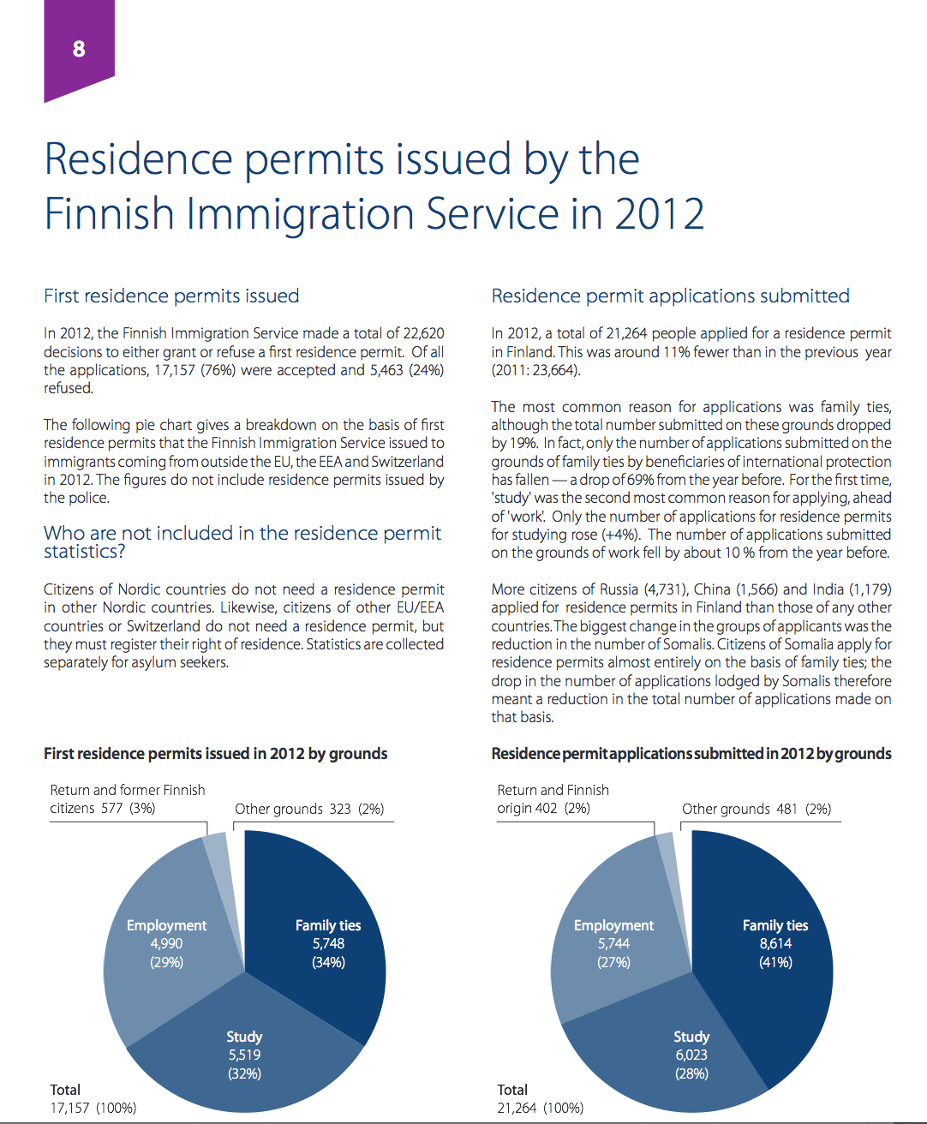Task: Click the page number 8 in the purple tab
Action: coord(79,49)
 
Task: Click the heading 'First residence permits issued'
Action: coord(171,296)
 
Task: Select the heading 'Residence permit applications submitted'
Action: coord(670,296)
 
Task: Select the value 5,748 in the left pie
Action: coord(328,944)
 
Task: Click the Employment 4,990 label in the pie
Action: coord(166,944)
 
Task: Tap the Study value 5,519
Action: coord(244,1055)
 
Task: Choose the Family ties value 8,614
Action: coord(775,944)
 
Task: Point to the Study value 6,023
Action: coord(691,1055)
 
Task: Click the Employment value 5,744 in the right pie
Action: coord(613,944)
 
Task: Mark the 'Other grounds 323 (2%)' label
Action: coord(309,809)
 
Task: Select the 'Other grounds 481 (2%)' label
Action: coord(757,809)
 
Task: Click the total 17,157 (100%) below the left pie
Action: coord(93,1108)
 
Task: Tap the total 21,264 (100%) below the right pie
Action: coord(541,1108)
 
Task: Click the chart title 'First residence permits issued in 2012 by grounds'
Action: coord(215,754)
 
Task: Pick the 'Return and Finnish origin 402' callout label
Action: coord(553,799)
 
